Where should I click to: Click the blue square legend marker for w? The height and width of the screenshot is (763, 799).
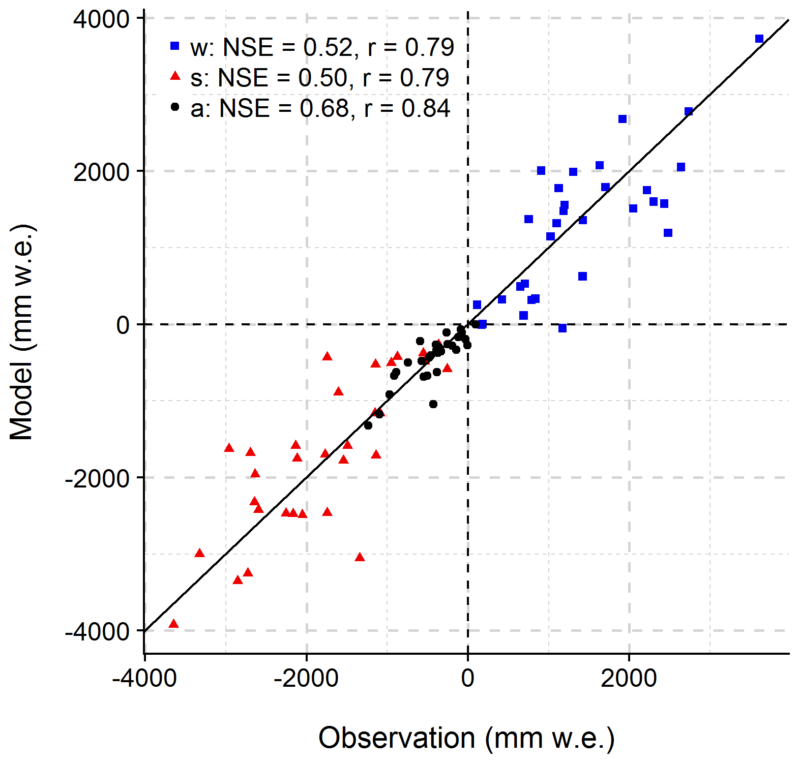coord(175,46)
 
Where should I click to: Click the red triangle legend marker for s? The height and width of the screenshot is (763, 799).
coord(175,76)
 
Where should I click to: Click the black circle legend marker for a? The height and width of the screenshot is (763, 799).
coord(175,107)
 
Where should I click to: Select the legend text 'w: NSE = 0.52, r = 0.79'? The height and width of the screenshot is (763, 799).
coord(322,47)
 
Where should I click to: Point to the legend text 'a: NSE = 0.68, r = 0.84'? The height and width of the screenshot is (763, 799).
coord(320,108)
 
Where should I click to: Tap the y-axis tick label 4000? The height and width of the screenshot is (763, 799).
coord(102,19)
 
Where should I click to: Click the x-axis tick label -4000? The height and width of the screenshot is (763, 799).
coord(145,678)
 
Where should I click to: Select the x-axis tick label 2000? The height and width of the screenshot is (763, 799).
coord(629,678)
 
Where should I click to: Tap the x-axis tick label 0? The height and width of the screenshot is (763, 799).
coord(468,678)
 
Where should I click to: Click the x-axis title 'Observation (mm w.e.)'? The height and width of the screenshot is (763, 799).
coord(466,738)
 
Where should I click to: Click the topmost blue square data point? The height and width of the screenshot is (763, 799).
coord(759,39)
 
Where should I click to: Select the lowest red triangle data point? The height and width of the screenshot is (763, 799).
coord(173,624)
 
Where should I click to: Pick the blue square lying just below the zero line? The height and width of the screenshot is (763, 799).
coord(562,328)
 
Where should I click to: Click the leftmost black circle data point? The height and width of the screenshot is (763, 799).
coord(368,425)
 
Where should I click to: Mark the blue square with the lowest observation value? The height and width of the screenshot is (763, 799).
coord(477,305)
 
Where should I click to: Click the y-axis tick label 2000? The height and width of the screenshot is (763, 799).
coord(102,172)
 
